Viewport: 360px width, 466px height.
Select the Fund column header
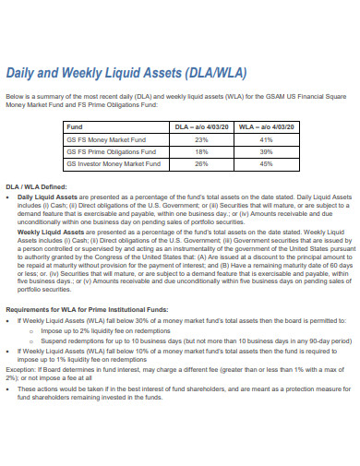pos(76,126)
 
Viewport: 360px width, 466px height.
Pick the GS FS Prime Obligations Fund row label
pos(107,151)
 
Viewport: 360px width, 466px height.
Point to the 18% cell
pos(202,151)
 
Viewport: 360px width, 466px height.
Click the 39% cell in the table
pos(266,151)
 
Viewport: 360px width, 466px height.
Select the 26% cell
pos(202,163)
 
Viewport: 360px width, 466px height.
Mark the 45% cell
pos(266,163)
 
